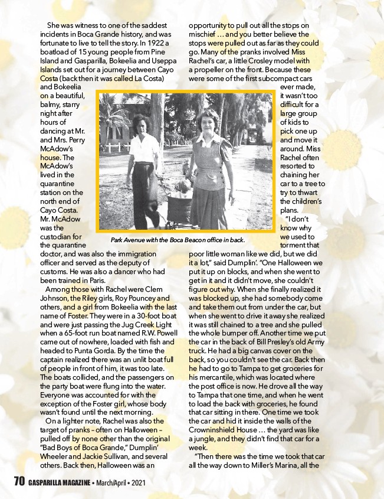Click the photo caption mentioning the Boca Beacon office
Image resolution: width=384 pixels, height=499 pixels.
(x=178, y=240)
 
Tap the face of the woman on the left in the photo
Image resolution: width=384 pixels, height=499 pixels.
(x=140, y=125)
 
